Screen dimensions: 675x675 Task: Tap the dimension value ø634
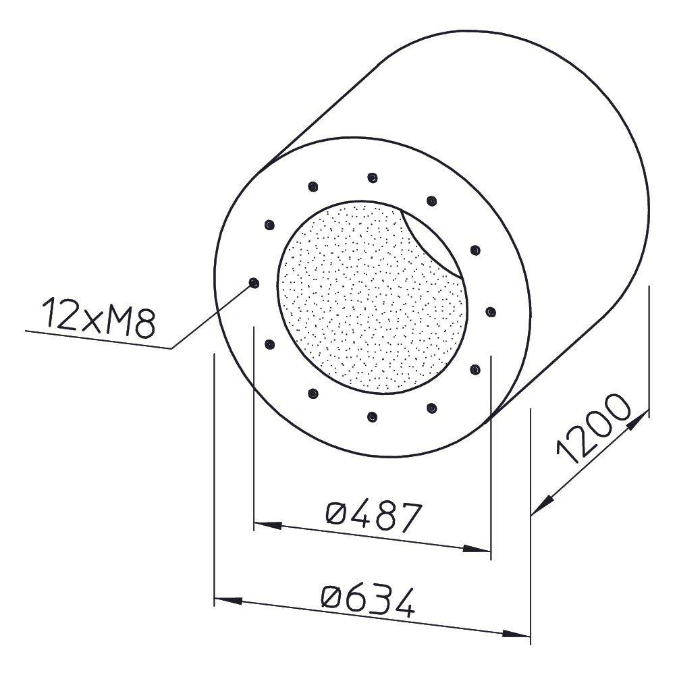(367, 600)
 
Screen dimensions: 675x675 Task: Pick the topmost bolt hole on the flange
(373, 178)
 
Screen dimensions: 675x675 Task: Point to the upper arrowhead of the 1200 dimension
(639, 418)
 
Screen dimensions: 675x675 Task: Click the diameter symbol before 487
(336, 514)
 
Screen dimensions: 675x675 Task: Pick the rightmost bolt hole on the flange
(491, 311)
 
